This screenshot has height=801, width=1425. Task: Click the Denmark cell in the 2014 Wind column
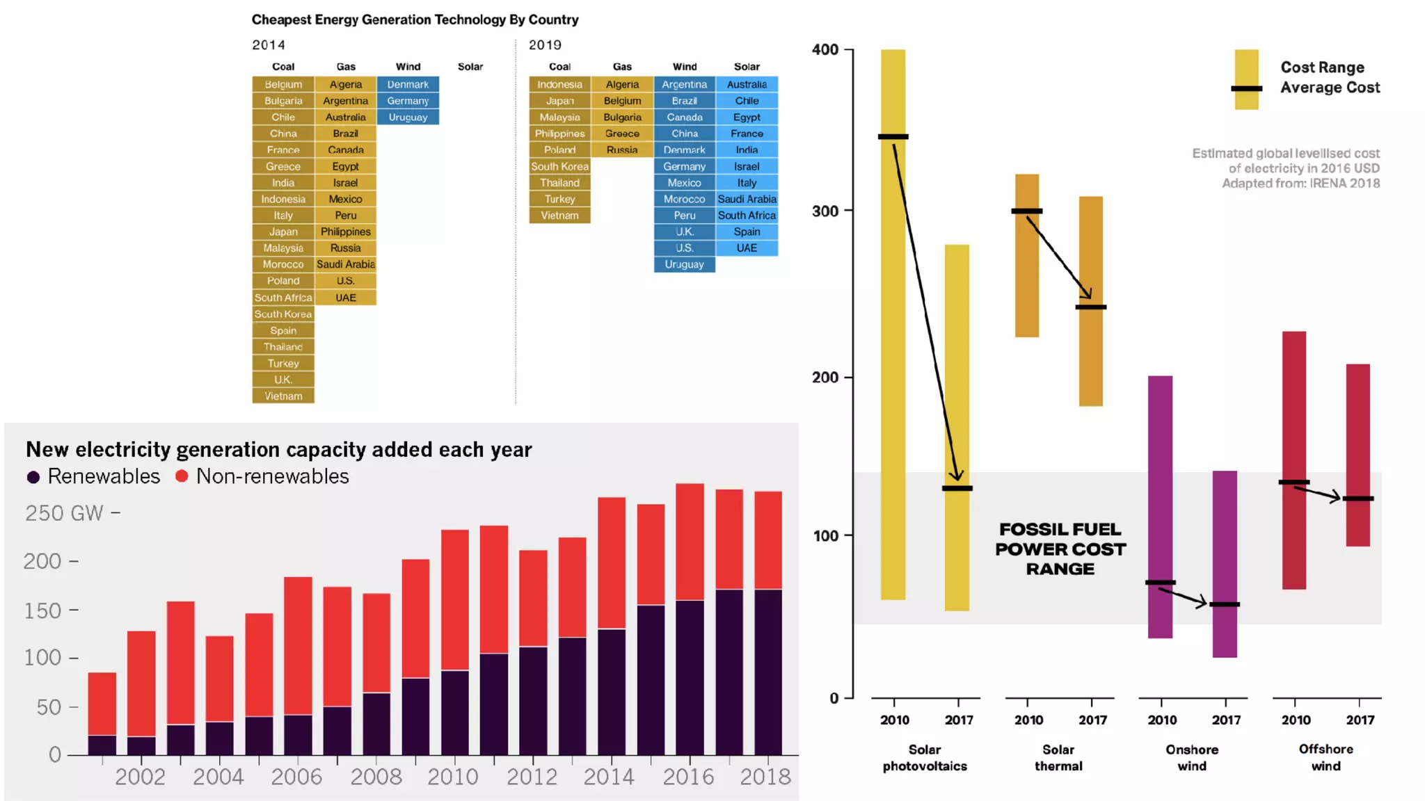pyautogui.click(x=408, y=84)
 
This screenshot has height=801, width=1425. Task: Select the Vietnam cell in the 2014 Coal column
pyautogui.click(x=283, y=396)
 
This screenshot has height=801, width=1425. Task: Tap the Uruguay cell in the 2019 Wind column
pyautogui.click(x=684, y=264)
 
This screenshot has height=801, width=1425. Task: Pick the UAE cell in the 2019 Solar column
pyautogui.click(x=747, y=248)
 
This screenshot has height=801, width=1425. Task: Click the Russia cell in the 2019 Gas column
pyautogui.click(x=622, y=149)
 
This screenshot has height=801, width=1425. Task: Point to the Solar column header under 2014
pyautogui.click(x=470, y=67)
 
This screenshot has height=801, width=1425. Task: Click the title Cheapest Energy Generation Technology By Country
pyautogui.click(x=415, y=19)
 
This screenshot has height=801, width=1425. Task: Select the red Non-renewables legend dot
pyautogui.click(x=182, y=476)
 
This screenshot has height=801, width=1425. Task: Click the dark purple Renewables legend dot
pyautogui.click(x=33, y=477)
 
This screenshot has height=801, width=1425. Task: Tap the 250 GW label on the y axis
pyautogui.click(x=65, y=513)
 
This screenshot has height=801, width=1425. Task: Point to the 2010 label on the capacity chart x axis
pyautogui.click(x=453, y=777)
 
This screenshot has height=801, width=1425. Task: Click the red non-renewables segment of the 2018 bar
pyautogui.click(x=768, y=540)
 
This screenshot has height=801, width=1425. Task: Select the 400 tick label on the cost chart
pyautogui.click(x=825, y=49)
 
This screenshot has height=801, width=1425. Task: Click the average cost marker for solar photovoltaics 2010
pyautogui.click(x=893, y=136)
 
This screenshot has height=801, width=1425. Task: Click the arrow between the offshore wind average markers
pyautogui.click(x=1317, y=493)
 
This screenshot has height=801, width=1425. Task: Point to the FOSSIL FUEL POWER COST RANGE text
pyautogui.click(x=1060, y=549)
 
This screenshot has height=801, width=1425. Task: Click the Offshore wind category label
pyautogui.click(x=1326, y=757)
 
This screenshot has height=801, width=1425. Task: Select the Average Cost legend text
pyautogui.click(x=1330, y=88)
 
